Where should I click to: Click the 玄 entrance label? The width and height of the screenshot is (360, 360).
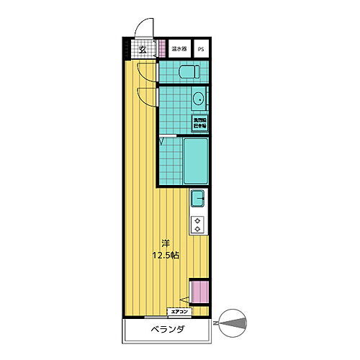(143, 50)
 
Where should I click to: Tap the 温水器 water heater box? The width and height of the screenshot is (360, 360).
(179, 50)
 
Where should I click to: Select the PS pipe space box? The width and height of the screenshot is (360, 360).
(201, 50)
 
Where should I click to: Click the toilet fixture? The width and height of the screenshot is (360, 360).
(189, 72)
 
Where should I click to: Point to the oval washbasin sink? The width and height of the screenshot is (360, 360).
(198, 99)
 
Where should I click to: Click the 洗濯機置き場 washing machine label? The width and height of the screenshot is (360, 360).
(199, 122)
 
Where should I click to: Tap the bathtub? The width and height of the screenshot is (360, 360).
(196, 161)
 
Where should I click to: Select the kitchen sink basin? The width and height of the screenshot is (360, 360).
(199, 197)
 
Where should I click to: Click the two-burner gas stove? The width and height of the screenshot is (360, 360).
(198, 224)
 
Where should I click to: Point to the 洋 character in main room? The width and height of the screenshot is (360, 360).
(165, 243)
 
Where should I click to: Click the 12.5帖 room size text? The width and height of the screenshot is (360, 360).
(165, 255)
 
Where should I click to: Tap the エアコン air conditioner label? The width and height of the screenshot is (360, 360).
(179, 312)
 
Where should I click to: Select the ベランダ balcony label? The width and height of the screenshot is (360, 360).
(168, 330)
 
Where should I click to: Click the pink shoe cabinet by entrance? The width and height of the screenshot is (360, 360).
(163, 50)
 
